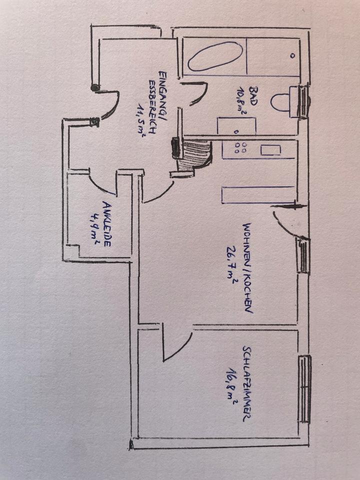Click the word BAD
pyautogui.click(x=254, y=94)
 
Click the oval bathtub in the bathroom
pyautogui.click(x=214, y=55)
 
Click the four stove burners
pyautogui.click(x=241, y=148)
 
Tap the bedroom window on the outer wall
pyautogui.click(x=304, y=388)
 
